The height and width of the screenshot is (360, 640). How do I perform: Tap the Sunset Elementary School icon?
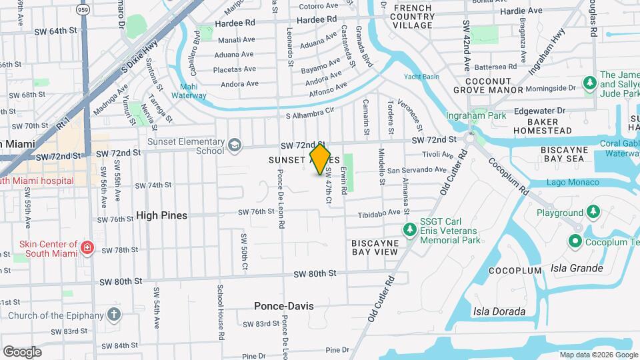(x=234, y=145)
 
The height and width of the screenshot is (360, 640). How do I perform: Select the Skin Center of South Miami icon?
(x=87, y=249)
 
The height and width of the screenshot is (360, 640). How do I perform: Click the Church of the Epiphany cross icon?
(x=114, y=315)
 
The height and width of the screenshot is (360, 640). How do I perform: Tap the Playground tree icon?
(x=592, y=212)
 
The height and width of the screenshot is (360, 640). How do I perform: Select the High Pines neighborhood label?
(x=161, y=215)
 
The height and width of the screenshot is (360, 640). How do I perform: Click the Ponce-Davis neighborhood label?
(x=283, y=306)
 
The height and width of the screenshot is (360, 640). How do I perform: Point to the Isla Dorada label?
(x=499, y=311)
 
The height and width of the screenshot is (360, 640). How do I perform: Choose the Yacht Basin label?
(x=421, y=77)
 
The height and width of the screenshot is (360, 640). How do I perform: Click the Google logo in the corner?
(x=22, y=351)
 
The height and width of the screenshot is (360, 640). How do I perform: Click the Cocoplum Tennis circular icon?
(x=575, y=241)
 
